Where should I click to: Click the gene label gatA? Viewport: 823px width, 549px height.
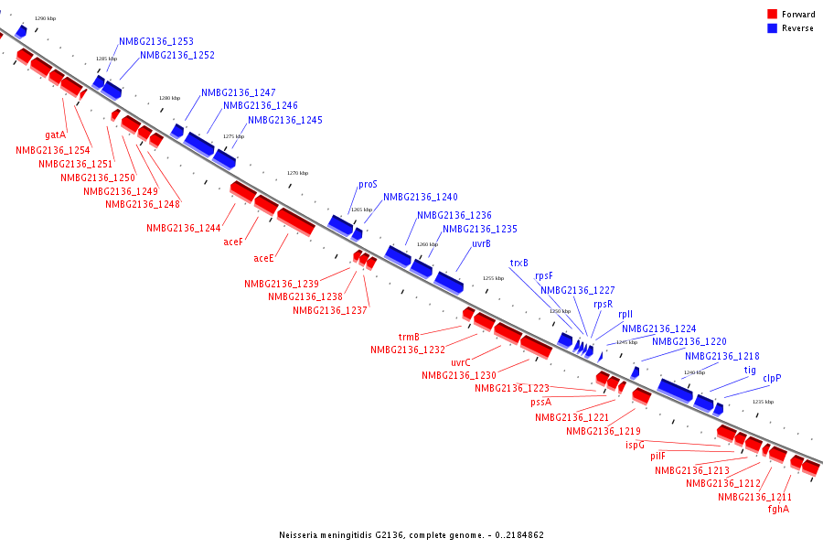coord(56,135)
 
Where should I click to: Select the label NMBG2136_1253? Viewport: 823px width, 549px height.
coord(155,42)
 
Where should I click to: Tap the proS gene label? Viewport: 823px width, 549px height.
coord(368,184)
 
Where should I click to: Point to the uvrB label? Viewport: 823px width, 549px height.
coord(481,244)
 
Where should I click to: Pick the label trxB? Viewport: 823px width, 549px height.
coord(519,264)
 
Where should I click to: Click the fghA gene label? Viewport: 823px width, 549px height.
coord(778,510)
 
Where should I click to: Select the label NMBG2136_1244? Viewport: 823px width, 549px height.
coord(183,229)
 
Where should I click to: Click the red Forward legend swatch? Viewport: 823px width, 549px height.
coord(772,15)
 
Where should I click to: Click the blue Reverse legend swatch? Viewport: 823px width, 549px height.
coord(772,28)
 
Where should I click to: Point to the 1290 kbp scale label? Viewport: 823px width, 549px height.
coord(45,18)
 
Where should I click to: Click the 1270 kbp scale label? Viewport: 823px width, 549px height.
coord(298,173)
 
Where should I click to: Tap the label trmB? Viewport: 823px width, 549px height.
coord(409,337)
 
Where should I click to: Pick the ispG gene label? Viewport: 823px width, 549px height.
coord(635,446)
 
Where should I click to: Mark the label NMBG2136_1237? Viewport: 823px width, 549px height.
coord(330,310)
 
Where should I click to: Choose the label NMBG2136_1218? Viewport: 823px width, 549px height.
coord(721,357)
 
